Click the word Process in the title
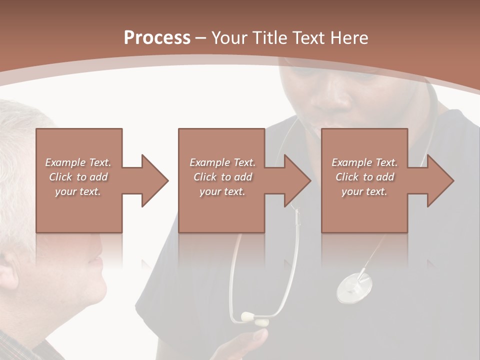click(157, 37)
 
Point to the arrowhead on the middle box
click(297, 180)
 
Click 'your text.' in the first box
click(78, 191)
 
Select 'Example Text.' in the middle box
click(222, 162)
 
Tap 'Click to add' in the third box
click(365, 177)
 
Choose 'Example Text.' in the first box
click(78, 162)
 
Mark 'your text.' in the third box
click(364, 191)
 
